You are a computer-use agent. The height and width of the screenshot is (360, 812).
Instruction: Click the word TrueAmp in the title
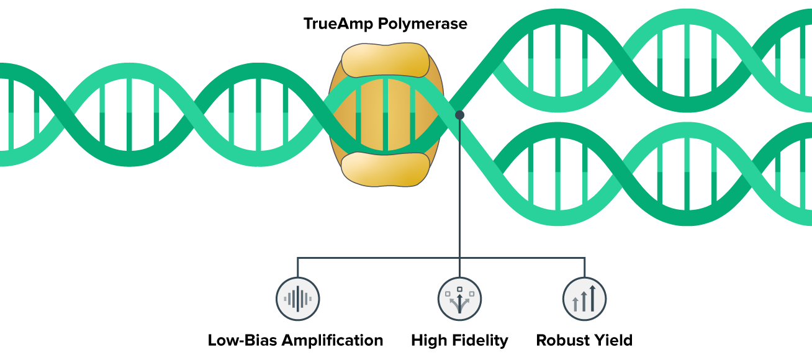340,24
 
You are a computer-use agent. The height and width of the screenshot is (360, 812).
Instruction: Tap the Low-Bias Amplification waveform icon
297,299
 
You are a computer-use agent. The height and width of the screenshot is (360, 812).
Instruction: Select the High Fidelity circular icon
459,299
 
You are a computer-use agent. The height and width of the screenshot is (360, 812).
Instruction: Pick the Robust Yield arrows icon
584,299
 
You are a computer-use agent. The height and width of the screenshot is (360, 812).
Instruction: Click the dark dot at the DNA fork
459,115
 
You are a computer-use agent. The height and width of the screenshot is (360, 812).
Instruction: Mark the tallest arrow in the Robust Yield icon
592,298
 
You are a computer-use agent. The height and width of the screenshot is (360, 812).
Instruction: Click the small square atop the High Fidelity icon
459,289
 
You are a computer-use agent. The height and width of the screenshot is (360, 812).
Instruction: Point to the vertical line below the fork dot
459,186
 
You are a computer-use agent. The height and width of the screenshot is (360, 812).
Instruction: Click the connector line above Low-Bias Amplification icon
297,267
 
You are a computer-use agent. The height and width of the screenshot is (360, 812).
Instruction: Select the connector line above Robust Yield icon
584,267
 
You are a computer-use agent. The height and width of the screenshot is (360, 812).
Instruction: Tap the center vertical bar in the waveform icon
297,299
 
